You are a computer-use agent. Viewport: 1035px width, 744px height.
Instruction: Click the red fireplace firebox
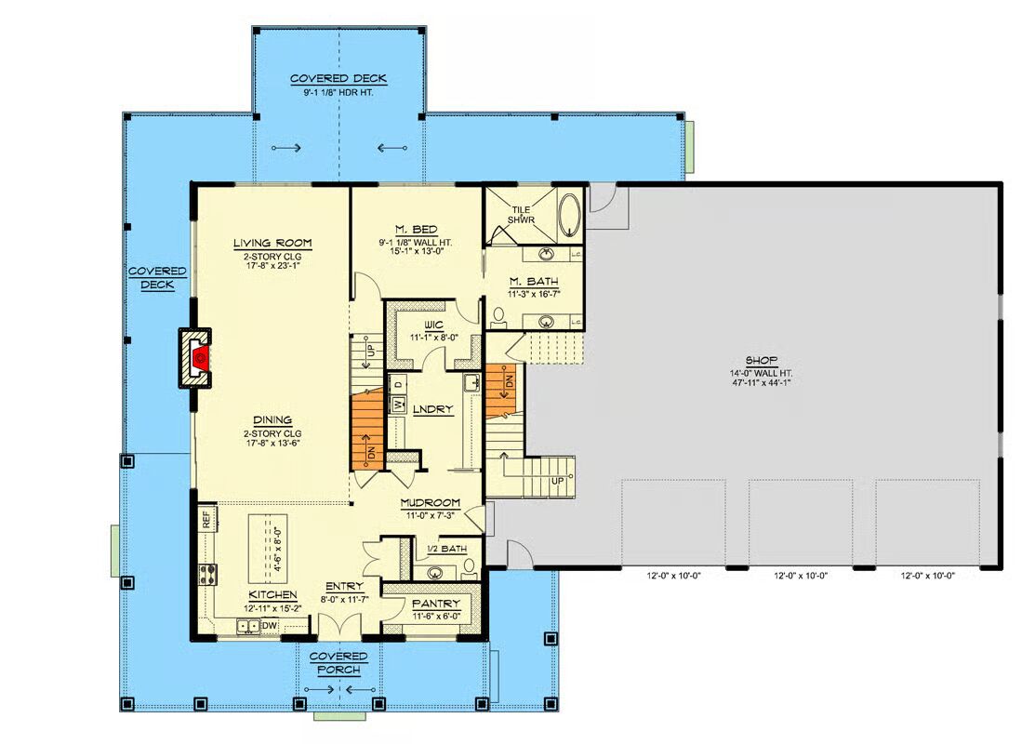click(201, 358)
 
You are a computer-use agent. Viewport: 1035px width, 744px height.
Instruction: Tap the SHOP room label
click(761, 361)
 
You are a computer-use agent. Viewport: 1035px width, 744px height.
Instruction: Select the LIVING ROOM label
click(272, 243)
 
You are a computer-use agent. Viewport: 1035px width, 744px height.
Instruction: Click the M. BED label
click(416, 230)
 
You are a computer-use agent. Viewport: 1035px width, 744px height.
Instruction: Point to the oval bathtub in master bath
click(568, 213)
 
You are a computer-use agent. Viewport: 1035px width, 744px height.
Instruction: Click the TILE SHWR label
click(521, 215)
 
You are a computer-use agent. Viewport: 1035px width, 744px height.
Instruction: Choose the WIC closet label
click(433, 325)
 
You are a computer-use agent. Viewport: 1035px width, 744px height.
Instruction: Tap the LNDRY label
click(433, 409)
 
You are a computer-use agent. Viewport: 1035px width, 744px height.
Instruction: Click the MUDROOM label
click(431, 504)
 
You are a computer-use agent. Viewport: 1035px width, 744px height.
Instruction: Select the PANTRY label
click(435, 604)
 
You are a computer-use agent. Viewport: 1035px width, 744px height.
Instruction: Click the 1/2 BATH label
click(447, 549)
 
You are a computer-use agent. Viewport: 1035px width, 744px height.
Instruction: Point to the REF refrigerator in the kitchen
click(206, 519)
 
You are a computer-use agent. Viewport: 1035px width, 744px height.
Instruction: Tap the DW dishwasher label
click(270, 625)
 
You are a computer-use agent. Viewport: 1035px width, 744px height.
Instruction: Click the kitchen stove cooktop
click(208, 574)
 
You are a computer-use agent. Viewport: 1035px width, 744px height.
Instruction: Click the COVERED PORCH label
click(338, 663)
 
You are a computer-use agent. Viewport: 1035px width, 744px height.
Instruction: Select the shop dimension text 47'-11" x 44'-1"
click(761, 382)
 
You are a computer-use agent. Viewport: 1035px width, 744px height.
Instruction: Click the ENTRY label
click(344, 586)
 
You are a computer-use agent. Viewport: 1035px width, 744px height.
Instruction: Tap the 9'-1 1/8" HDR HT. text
click(338, 93)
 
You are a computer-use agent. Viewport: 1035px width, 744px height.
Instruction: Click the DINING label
click(272, 420)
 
